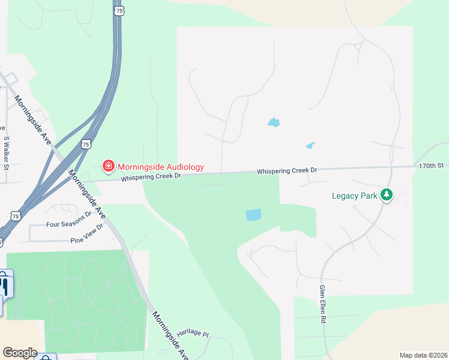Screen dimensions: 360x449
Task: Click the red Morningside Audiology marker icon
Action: (108, 164)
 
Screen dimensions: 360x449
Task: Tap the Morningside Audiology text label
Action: (160, 167)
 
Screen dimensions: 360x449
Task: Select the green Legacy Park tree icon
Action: (387, 194)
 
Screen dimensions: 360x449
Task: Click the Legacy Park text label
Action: (355, 196)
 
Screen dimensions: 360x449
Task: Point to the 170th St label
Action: (431, 165)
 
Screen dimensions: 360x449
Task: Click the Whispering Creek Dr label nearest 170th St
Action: (286, 171)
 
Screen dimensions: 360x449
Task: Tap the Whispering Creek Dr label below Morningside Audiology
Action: (150, 178)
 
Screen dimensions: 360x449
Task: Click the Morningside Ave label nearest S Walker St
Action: (32, 121)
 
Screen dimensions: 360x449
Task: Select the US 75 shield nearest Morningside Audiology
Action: (86, 145)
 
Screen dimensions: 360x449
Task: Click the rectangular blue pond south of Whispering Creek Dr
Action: (253, 215)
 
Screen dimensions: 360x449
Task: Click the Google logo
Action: (20, 353)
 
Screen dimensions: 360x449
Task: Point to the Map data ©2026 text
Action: (423, 355)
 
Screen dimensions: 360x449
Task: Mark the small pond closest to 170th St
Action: (310, 145)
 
